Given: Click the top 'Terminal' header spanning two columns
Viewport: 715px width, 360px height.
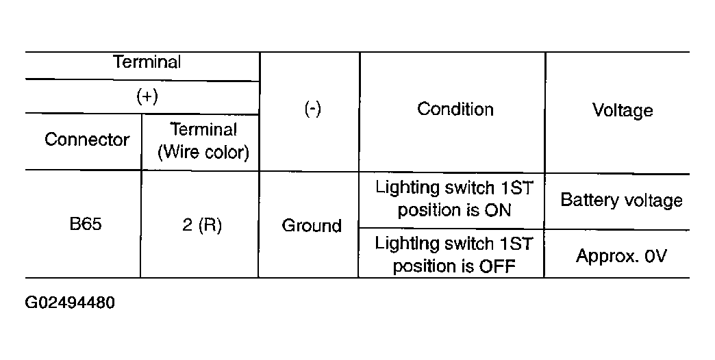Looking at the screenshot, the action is pyautogui.click(x=147, y=62).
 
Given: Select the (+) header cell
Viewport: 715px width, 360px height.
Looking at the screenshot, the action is pyautogui.click(x=147, y=97).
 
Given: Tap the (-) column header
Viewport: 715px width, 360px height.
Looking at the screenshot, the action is pyautogui.click(x=313, y=109).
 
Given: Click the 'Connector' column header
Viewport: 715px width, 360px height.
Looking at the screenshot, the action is pyautogui.click(x=87, y=140).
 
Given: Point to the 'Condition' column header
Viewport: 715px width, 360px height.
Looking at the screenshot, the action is pyautogui.click(x=455, y=110).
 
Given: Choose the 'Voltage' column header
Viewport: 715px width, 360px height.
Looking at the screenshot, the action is pyautogui.click(x=622, y=110).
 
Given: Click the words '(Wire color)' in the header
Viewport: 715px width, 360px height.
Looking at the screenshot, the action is pyautogui.click(x=203, y=152).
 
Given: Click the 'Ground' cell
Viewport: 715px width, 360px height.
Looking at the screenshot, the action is pyautogui.click(x=312, y=226).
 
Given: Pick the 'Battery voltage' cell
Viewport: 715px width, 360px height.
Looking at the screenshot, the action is pyautogui.click(x=621, y=201).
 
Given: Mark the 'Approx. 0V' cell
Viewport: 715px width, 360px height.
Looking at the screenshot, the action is pyautogui.click(x=621, y=256).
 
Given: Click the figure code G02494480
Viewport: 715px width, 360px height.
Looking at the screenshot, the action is pyautogui.click(x=70, y=303).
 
